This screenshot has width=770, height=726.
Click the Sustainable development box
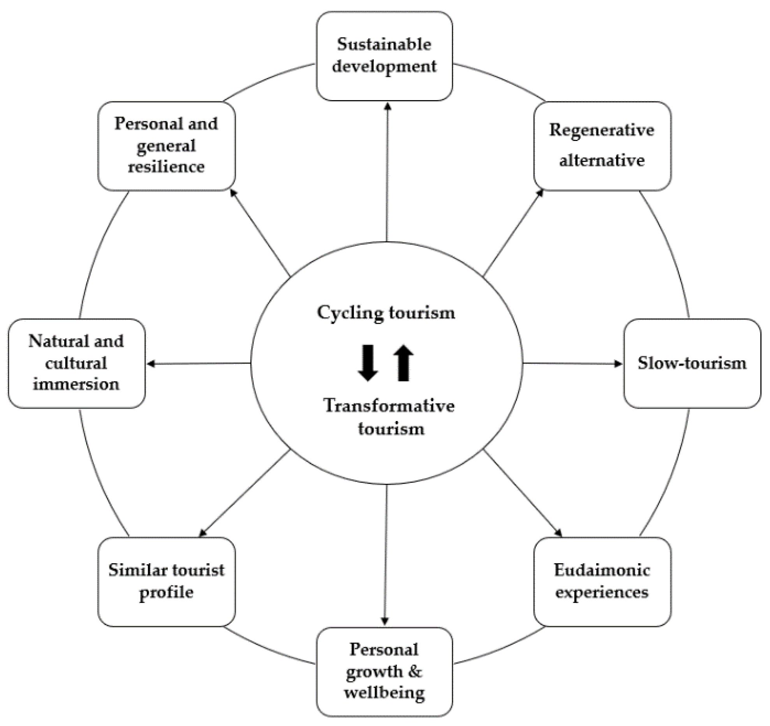(384, 56)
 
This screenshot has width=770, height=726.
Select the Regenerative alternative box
(602, 146)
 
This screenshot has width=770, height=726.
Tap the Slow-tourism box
(692, 363)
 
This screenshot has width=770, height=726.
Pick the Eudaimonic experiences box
(602, 582)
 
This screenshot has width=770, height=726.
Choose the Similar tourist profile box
(166, 582)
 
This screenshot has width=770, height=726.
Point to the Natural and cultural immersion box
(76, 363)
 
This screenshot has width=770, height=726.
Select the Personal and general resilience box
(166, 146)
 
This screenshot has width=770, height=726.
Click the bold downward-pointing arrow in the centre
(367, 363)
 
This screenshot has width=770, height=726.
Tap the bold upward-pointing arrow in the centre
(403, 363)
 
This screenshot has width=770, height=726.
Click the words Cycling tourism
(386, 313)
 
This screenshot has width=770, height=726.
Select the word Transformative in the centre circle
(389, 406)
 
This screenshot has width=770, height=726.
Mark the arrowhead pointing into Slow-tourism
(618, 364)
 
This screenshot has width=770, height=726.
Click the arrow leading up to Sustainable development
(387, 171)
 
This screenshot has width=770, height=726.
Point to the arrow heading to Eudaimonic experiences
(522, 492)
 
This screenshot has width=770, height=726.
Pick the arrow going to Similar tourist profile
(245, 492)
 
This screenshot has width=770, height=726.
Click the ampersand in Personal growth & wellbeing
(415, 671)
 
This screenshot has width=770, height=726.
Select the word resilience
(166, 167)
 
